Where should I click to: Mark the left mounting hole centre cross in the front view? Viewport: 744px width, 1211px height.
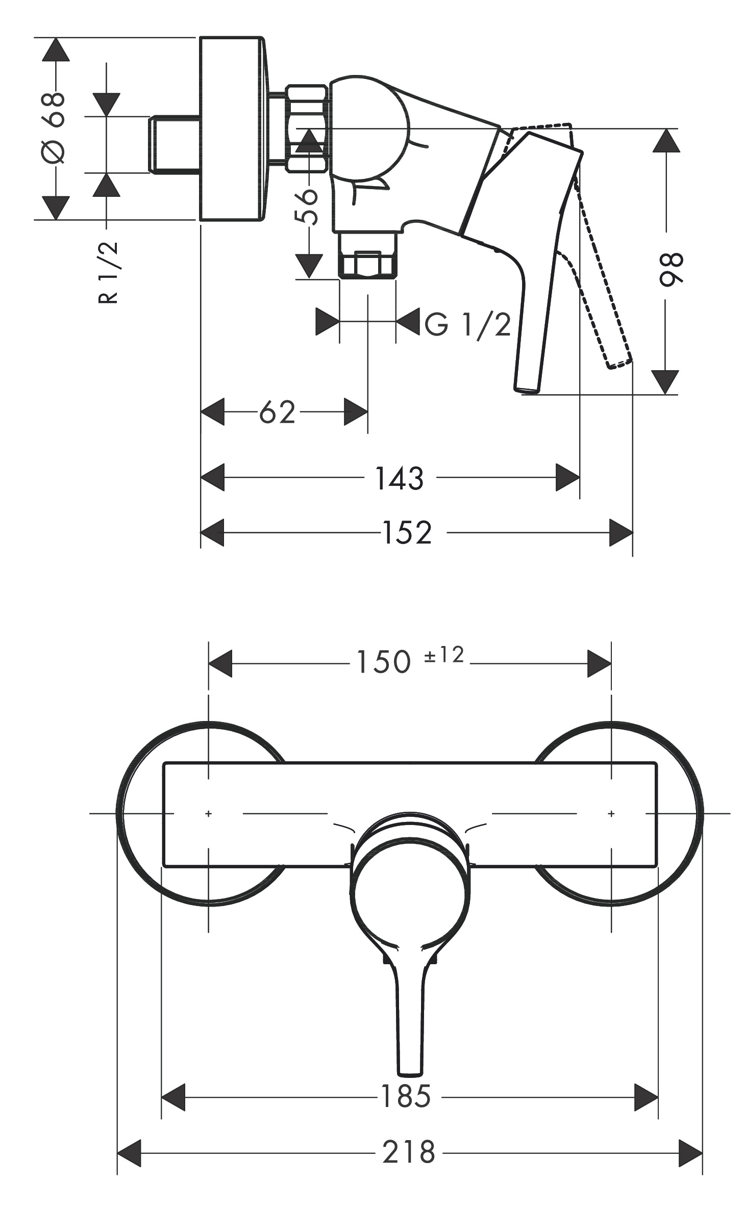point(208,813)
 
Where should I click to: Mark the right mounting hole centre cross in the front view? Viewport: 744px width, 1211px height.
point(611,813)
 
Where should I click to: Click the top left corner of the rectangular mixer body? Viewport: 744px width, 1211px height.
point(163,763)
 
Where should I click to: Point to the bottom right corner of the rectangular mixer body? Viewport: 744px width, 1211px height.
point(657,866)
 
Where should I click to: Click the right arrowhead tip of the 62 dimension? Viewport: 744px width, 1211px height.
point(367,411)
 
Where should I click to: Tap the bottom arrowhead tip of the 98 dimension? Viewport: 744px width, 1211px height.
point(665,394)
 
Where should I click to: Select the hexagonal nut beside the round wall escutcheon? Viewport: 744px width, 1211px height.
point(306,128)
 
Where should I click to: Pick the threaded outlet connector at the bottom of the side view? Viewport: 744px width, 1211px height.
point(367,255)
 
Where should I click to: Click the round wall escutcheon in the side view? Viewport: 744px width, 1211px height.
point(232,128)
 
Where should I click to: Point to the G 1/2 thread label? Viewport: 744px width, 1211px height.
point(468,324)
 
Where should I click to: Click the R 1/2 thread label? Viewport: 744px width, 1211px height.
point(108,273)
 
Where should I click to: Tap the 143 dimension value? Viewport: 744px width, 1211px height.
point(400,478)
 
